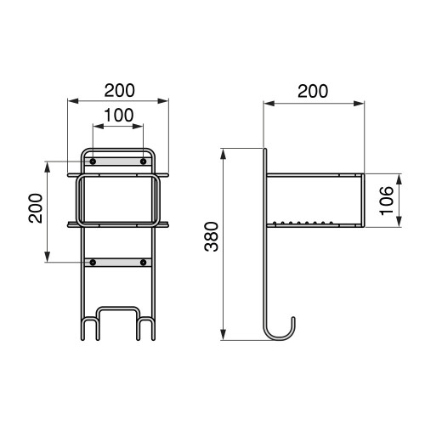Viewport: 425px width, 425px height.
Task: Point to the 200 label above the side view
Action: [x=314, y=90]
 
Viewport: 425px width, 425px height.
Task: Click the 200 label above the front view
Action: [x=118, y=88]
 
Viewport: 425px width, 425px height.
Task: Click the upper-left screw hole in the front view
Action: [x=93, y=161]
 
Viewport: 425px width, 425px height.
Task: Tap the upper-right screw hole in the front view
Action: [x=143, y=161]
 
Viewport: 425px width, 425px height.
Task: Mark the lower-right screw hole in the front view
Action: [x=143, y=263]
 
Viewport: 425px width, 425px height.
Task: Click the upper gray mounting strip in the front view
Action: [x=118, y=161]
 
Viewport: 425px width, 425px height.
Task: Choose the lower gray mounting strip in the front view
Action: [x=118, y=263]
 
